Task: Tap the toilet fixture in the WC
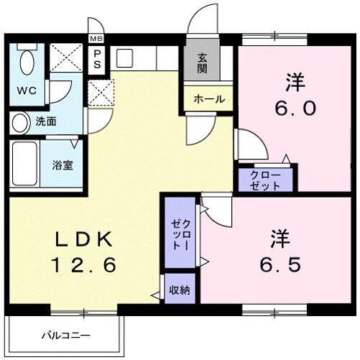point(28,63)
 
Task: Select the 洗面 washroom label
point(47,121)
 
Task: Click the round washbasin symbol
point(20,121)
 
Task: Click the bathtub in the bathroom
point(24,164)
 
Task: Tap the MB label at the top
point(96,39)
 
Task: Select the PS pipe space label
point(96,58)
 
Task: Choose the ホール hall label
point(208,99)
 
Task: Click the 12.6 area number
point(83,266)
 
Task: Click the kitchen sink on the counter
point(123,57)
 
